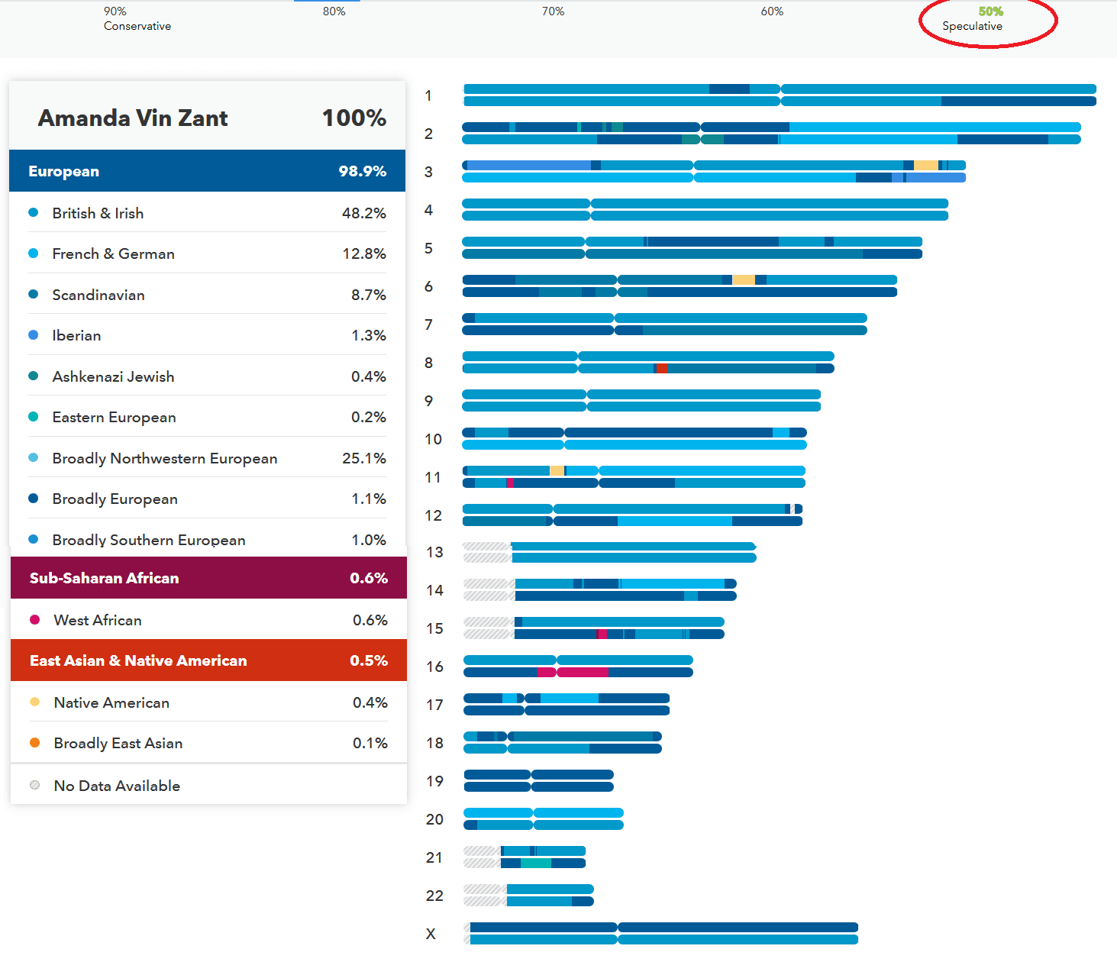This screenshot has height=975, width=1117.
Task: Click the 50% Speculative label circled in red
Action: (980, 19)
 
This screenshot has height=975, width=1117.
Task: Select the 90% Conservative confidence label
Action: (137, 19)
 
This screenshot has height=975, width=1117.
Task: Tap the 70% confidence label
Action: (553, 11)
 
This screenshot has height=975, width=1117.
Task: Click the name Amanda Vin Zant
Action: (133, 118)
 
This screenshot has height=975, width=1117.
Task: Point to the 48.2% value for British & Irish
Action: (363, 213)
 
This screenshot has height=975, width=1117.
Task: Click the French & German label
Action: (113, 253)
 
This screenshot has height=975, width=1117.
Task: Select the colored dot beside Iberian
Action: (34, 335)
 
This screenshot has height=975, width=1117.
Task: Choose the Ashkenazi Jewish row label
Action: (113, 376)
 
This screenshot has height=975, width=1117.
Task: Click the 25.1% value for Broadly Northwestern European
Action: (363, 458)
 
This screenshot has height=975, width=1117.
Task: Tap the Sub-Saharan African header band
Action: (208, 578)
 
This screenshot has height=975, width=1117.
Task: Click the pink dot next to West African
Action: (34, 620)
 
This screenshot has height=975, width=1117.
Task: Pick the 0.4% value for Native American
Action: (370, 702)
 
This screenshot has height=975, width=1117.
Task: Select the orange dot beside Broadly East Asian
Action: (34, 743)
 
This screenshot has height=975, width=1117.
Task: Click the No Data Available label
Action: (117, 786)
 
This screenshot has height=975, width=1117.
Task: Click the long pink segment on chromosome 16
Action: (583, 673)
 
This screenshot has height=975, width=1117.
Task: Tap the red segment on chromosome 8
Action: (661, 369)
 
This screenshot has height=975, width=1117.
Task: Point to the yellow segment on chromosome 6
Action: (743, 280)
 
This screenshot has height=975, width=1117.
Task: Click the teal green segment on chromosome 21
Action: (535, 864)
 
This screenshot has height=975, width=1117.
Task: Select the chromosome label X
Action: (431, 934)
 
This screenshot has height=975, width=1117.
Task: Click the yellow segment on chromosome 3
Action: (925, 166)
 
